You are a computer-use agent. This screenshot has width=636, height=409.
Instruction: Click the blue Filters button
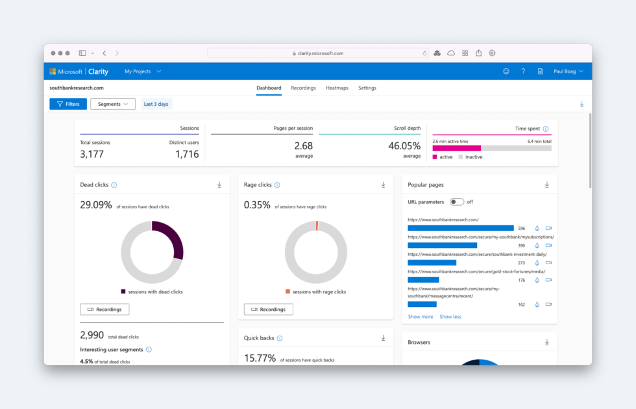[x=68, y=104]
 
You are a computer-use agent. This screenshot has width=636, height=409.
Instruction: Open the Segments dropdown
[x=113, y=104]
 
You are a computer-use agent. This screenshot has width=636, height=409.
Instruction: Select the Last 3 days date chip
[x=156, y=104]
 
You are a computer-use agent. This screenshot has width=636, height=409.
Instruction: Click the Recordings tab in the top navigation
[x=304, y=88]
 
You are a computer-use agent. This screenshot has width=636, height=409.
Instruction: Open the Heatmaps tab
[x=337, y=88]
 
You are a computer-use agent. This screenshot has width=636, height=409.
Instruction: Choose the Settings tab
[x=367, y=88]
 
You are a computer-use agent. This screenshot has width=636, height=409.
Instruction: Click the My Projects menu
[x=143, y=71]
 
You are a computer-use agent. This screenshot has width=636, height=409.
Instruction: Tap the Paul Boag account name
[x=565, y=71]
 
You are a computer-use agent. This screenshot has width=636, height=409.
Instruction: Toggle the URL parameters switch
[x=457, y=202]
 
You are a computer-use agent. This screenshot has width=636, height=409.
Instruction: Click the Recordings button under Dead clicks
[x=104, y=309]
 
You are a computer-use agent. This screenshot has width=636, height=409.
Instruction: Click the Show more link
[x=421, y=317]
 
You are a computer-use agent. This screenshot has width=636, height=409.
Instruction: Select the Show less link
[x=450, y=317]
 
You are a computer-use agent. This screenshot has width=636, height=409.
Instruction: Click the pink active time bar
[x=457, y=149]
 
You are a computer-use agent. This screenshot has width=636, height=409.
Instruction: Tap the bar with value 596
[x=461, y=228]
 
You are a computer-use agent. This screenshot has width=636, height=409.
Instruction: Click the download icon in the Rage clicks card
[x=383, y=185]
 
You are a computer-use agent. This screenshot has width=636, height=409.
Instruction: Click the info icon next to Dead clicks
[x=114, y=185]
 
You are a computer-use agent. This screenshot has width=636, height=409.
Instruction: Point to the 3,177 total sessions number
[x=92, y=155]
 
